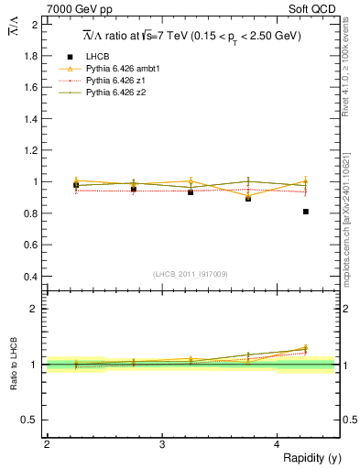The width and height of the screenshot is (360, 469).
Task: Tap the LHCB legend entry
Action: (98, 57)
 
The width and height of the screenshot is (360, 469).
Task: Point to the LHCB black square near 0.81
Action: (305, 212)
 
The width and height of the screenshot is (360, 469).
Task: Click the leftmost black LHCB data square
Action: (76, 185)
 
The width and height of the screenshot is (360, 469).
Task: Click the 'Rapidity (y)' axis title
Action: (308, 458)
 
